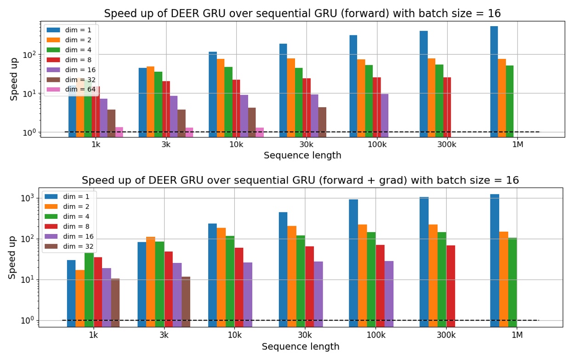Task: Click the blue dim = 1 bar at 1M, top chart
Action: pos(494,81)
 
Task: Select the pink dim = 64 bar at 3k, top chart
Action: pos(189,132)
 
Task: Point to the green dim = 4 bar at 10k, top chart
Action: pos(228,102)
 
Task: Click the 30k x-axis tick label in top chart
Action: pos(307,144)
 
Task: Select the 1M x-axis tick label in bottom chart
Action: pos(517,334)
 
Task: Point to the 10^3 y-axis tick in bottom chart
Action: pos(28,198)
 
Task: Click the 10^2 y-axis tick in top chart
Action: pos(30,55)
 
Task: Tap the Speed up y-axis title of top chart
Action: pos(14,79)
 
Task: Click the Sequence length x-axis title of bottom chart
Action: pos(301,347)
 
